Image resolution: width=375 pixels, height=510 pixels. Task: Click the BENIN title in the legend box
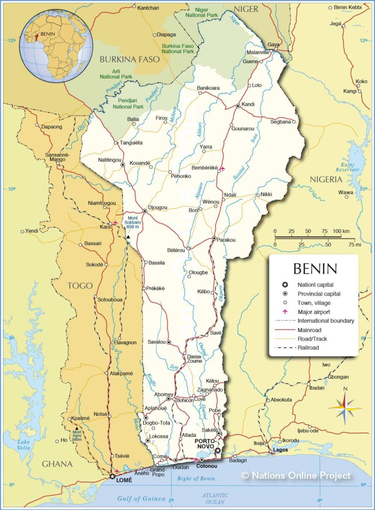pos(315,269)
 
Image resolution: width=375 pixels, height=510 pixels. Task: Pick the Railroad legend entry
pos(309,348)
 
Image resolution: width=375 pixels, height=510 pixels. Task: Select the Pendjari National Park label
pos(128,104)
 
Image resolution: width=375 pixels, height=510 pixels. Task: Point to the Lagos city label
pos(281,450)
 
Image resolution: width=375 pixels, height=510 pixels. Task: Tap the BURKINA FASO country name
pos(129,59)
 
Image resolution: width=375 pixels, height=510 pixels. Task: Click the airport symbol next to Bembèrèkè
pos(223,168)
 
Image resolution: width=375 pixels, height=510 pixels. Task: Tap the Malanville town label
pos(258,52)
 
